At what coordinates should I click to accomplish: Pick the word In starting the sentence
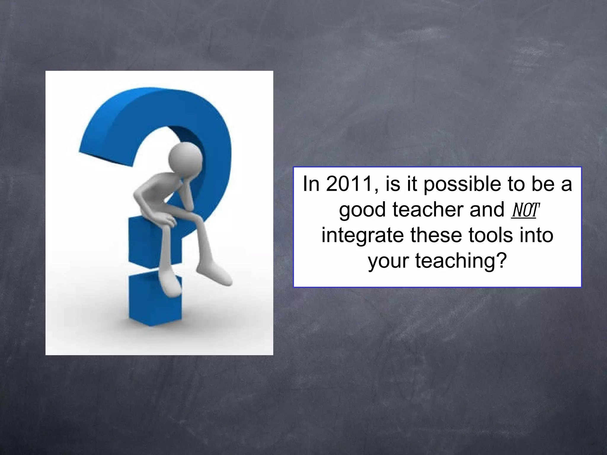coord(311,184)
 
